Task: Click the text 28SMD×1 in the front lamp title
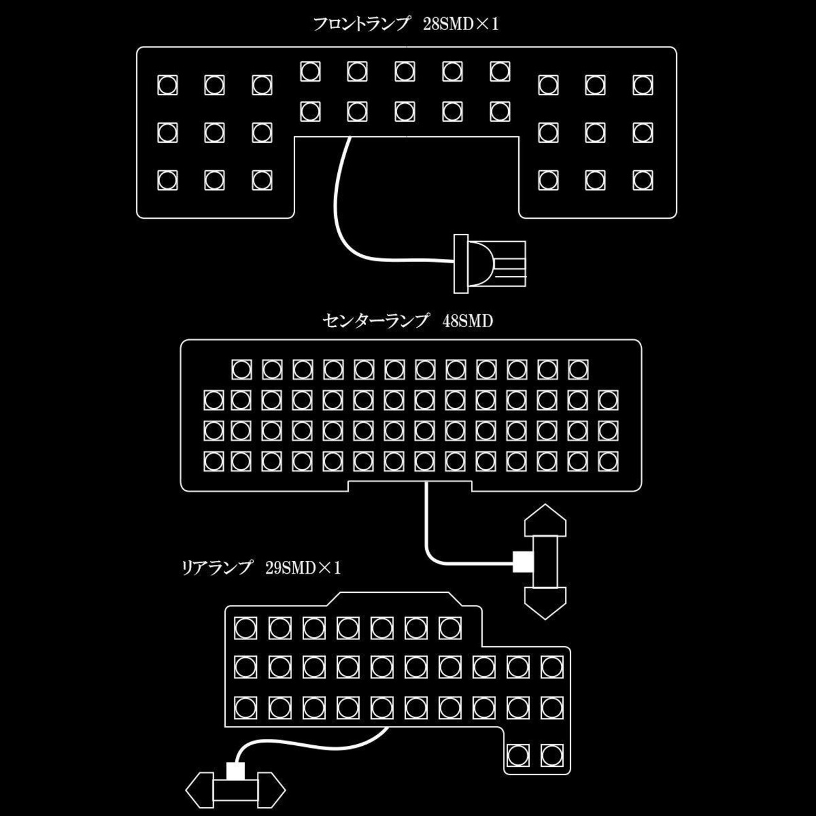click(460, 25)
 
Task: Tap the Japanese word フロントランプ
click(361, 25)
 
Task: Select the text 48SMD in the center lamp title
click(467, 321)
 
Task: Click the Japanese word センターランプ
click(375, 321)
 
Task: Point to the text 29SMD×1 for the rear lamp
click(303, 567)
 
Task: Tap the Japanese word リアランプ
click(217, 567)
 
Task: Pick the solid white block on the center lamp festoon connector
click(523, 562)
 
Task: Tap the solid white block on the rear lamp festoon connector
click(235, 771)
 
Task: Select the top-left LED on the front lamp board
click(168, 85)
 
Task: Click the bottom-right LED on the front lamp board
click(643, 180)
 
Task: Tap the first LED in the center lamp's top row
click(242, 369)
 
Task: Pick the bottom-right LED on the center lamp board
click(608, 461)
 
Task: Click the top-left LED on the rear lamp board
click(245, 629)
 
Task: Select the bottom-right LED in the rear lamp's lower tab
click(552, 755)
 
